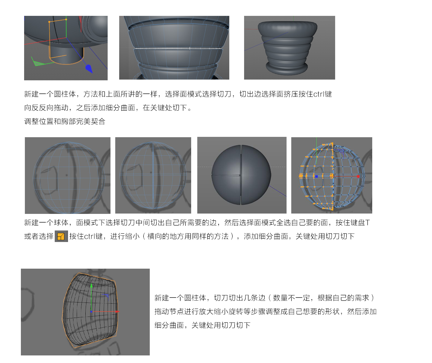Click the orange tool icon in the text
tap(61, 236)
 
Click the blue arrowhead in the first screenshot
tap(89, 69)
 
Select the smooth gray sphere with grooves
tap(241, 175)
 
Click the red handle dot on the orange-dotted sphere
tap(358, 176)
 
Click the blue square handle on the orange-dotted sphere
tap(316, 176)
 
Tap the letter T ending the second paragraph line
tap(368, 223)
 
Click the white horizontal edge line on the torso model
tap(178, 48)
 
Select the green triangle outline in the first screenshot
tap(39, 62)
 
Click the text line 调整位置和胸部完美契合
tap(65, 121)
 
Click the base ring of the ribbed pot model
tap(287, 68)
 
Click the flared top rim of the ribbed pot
tap(288, 28)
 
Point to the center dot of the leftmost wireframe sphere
tap(66, 175)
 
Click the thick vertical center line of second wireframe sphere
tap(153, 175)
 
